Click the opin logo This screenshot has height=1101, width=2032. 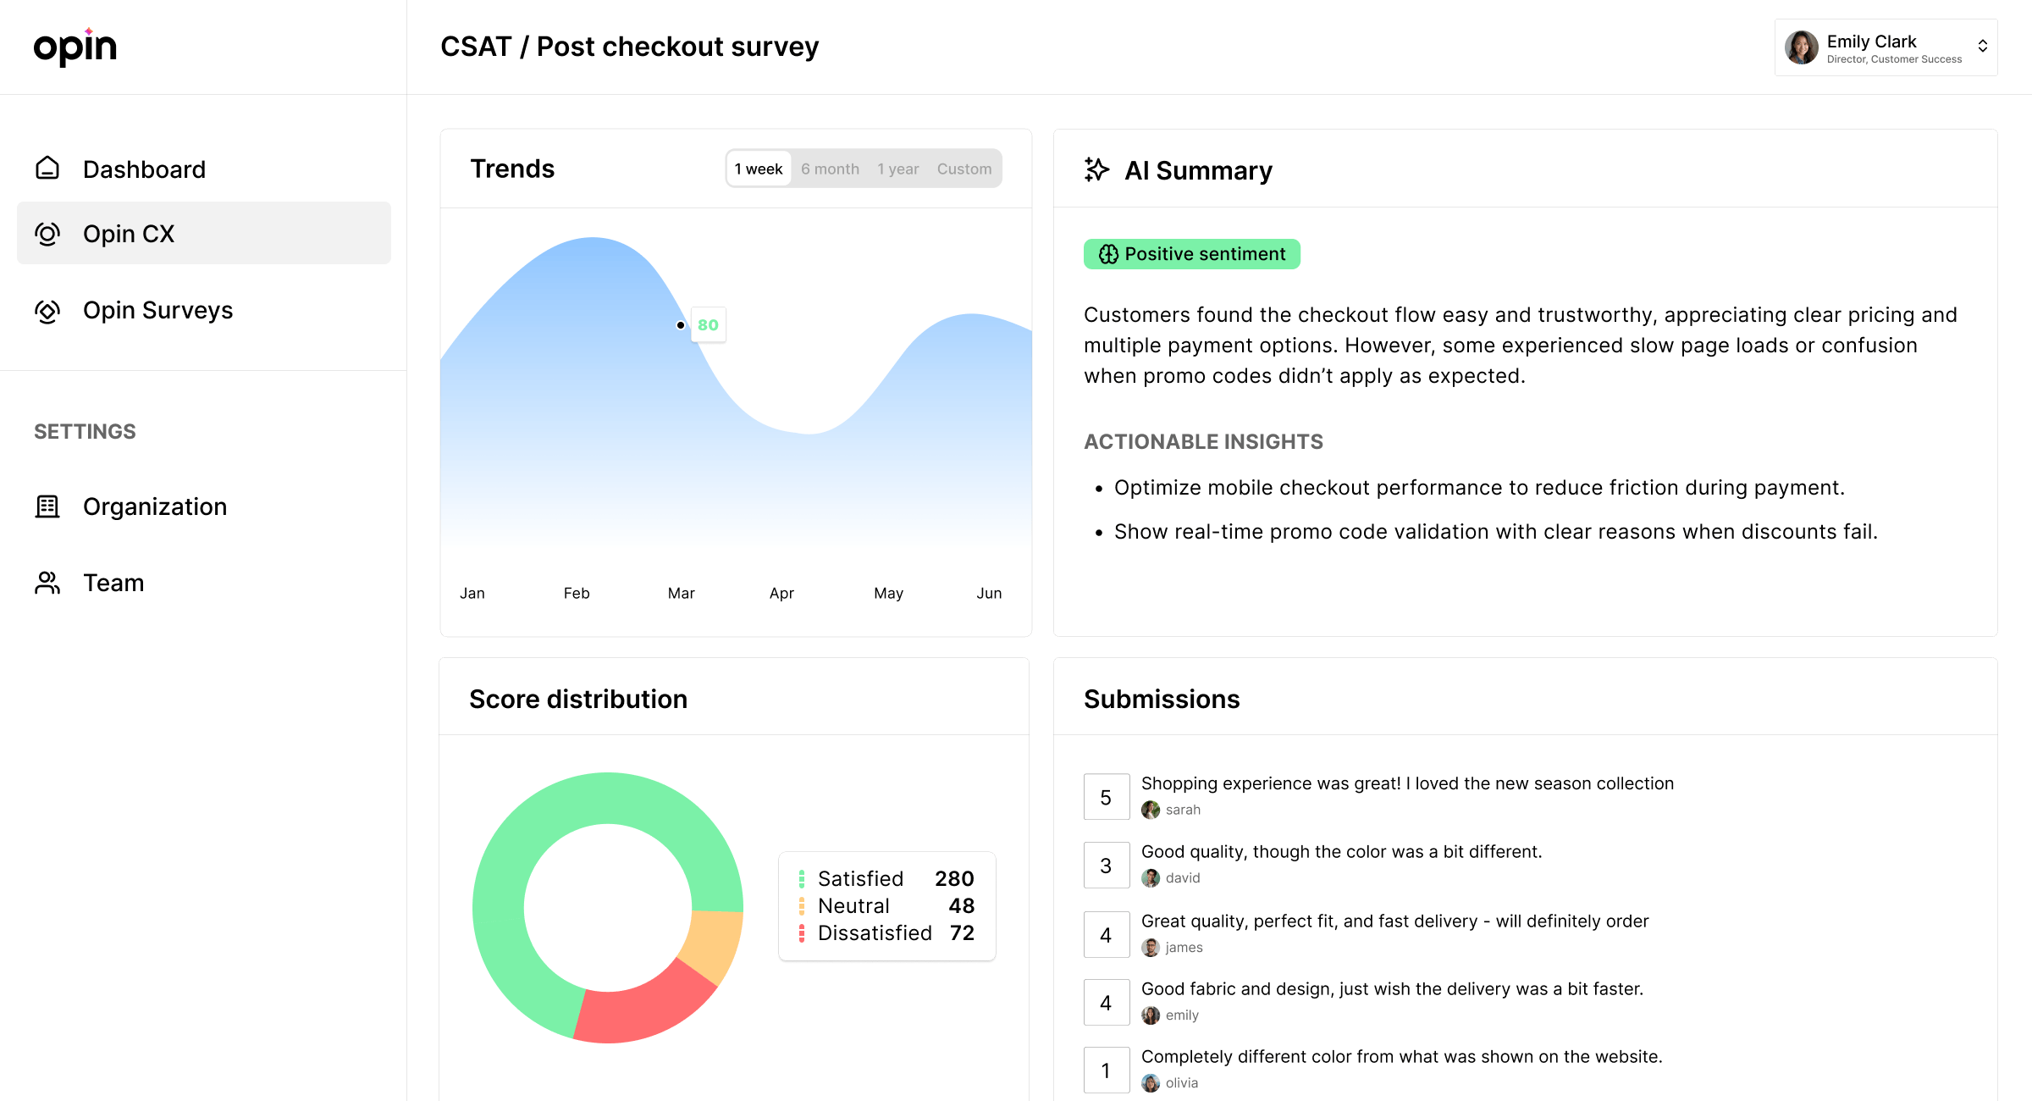click(75, 47)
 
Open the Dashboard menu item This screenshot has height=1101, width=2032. click(144, 169)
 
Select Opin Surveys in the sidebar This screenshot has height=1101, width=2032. click(157, 310)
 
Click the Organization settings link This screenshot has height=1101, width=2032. click(154, 506)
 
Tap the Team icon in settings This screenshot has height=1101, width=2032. click(47, 583)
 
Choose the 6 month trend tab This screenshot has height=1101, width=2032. click(830, 169)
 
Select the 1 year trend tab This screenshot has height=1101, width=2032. click(897, 169)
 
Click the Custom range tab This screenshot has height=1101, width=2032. click(964, 169)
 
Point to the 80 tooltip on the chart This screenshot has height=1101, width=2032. click(708, 325)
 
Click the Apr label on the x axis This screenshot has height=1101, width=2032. click(781, 593)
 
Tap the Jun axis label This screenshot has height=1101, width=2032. click(988, 593)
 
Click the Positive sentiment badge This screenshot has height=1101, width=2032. click(1191, 254)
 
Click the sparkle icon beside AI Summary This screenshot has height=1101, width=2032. click(1096, 169)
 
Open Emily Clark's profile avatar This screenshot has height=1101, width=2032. click(1801, 47)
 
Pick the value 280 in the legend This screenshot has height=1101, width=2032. click(953, 878)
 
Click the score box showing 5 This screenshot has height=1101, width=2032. click(1106, 797)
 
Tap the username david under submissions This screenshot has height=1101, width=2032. click(1182, 878)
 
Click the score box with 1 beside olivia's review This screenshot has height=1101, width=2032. click(1106, 1071)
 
